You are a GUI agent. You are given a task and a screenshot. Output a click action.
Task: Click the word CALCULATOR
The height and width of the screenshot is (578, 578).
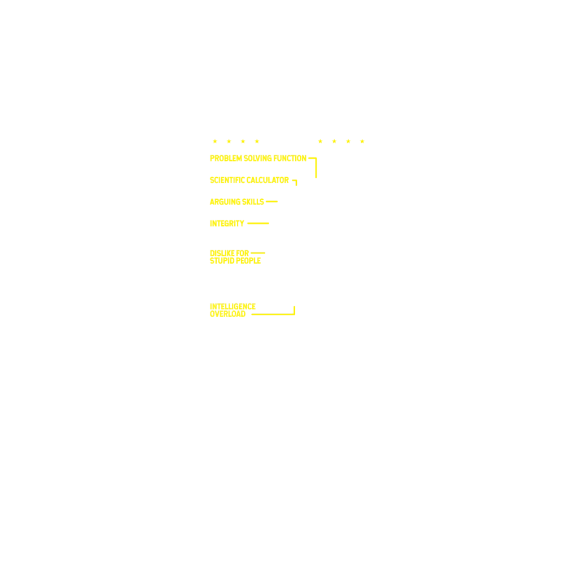268,181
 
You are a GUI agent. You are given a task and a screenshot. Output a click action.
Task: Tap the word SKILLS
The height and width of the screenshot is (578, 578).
253,202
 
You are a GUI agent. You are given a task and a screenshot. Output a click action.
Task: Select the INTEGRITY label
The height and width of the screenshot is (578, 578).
227,224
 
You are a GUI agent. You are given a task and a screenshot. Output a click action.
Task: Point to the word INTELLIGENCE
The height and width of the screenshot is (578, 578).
233,306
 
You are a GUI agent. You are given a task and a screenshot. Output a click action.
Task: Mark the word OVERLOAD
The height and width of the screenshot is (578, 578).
228,314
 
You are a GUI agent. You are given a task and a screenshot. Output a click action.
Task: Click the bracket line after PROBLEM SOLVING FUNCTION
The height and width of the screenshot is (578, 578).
316,168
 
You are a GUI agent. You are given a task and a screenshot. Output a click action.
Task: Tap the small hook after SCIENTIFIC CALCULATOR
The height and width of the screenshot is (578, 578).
295,182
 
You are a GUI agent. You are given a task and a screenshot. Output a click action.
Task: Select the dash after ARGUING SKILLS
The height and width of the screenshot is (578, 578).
272,202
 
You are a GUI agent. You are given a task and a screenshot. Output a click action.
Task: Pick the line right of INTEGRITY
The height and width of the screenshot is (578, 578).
258,224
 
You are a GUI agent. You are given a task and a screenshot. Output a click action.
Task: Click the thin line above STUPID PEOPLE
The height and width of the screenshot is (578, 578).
258,253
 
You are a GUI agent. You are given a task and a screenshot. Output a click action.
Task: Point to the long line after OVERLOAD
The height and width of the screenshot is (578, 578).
273,314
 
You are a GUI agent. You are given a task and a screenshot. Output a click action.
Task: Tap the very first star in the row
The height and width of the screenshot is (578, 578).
214,141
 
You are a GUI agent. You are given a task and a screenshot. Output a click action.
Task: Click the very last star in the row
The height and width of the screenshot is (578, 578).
362,141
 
